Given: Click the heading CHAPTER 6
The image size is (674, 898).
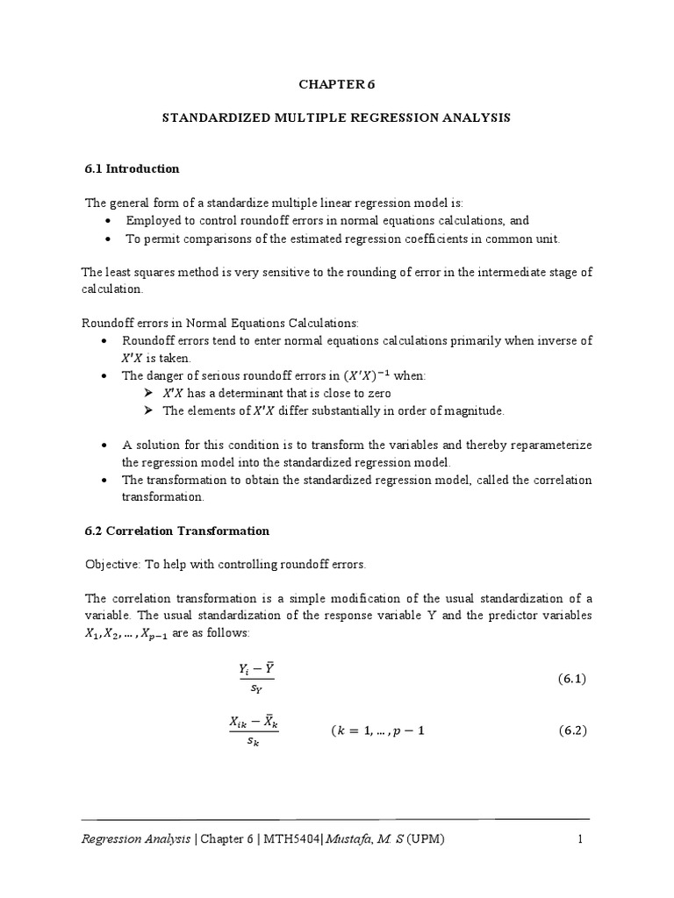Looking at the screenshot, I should click(336, 84).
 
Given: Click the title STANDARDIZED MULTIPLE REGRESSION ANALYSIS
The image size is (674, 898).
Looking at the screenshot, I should click(336, 117).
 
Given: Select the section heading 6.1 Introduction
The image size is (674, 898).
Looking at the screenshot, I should click(132, 168).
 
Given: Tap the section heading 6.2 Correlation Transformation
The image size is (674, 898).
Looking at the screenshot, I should click(176, 531).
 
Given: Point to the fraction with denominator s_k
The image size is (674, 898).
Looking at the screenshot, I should click(254, 731).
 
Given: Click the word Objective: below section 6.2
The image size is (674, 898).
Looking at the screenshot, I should click(112, 563).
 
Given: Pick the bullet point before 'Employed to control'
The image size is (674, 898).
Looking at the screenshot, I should click(106, 221).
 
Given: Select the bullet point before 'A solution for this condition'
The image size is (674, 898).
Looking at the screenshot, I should click(105, 445).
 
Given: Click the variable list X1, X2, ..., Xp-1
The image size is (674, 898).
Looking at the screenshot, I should click(126, 634).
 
